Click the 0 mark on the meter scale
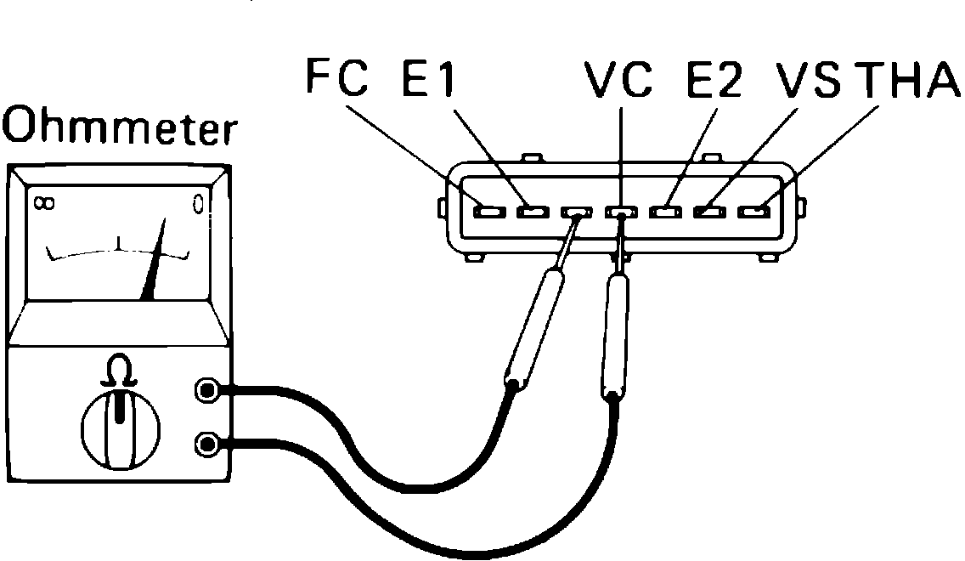point(198,204)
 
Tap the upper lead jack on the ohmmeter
point(206,391)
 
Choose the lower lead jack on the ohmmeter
point(206,443)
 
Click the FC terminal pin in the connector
point(488,210)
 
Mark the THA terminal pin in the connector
point(753,210)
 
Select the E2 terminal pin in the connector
point(665,210)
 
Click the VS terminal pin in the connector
point(708,210)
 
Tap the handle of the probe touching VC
point(617,331)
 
